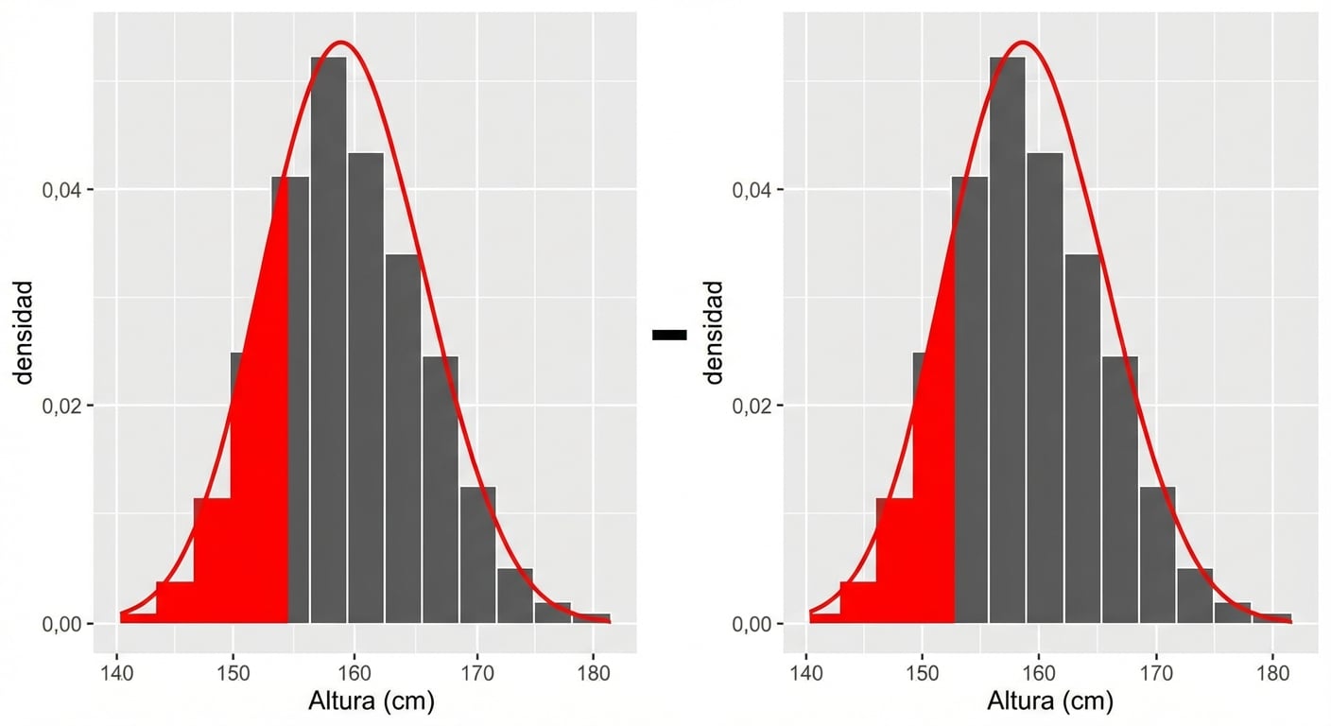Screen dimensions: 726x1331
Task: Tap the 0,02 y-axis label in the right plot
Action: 752,406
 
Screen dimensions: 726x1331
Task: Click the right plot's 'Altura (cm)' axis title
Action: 1050,700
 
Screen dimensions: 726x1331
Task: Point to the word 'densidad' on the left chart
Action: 24,332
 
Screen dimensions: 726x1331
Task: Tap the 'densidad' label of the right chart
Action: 714,332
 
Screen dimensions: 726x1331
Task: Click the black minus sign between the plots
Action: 669,334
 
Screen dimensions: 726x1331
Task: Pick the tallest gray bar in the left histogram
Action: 328,340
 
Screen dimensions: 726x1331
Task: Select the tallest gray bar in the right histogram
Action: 1008,340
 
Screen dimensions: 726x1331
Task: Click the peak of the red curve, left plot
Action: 341,43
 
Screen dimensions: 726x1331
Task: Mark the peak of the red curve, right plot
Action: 1022,43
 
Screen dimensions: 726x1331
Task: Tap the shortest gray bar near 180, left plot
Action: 591,618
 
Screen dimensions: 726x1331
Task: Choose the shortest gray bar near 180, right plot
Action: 1271,618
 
